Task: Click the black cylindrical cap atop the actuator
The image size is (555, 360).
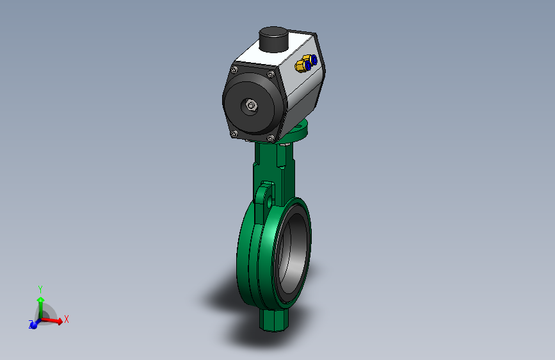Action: pyautogui.click(x=273, y=39)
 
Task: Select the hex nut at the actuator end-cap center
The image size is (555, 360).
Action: pyautogui.click(x=251, y=106)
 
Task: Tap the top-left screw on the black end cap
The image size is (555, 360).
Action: pyautogui.click(x=234, y=69)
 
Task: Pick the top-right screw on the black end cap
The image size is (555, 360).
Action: pyautogui.click(x=271, y=74)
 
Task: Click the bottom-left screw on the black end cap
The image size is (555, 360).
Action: pyautogui.click(x=234, y=134)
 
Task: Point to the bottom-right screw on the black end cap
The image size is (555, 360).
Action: pyautogui.click(x=271, y=138)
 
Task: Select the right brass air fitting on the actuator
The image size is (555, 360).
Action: pyautogui.click(x=310, y=60)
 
